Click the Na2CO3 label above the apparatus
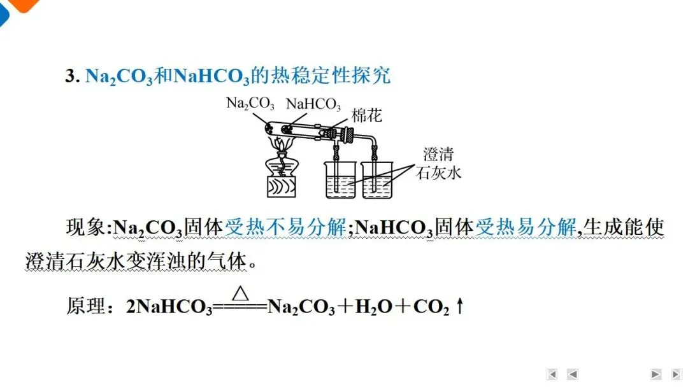pos(250,103)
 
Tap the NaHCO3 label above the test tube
pos(313,104)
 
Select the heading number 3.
pos(71,76)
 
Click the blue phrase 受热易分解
pos(526,227)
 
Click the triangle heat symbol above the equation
pos(240,293)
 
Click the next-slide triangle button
pos(655,374)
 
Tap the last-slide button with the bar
pos(676,374)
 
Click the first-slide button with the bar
pos(552,374)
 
